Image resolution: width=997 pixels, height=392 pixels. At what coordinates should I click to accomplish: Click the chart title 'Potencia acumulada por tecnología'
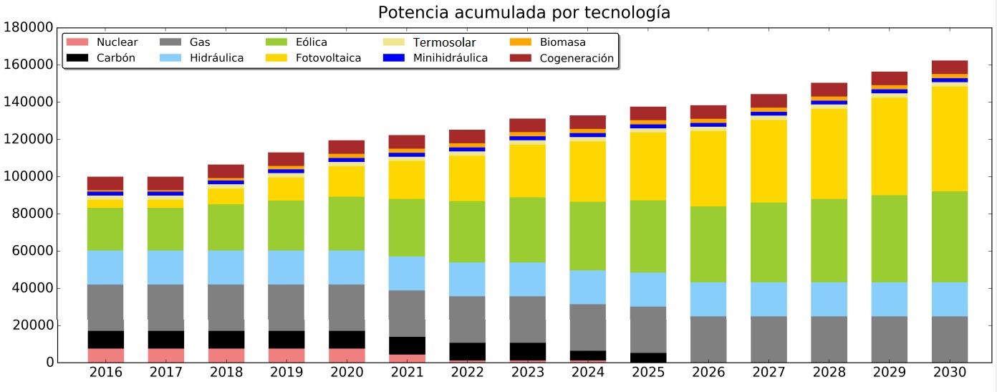click(x=524, y=13)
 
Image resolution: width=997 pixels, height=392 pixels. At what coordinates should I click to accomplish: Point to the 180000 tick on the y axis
click(x=29, y=28)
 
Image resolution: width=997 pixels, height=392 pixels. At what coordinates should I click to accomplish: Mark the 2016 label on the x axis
click(x=106, y=373)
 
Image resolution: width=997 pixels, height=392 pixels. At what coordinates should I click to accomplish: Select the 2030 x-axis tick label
click(x=949, y=373)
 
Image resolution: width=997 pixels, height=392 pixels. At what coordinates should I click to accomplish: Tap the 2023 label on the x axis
click(x=528, y=373)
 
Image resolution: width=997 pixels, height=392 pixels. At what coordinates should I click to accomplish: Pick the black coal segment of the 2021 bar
click(x=407, y=345)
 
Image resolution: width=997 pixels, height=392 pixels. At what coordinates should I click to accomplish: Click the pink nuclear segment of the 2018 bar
click(x=226, y=355)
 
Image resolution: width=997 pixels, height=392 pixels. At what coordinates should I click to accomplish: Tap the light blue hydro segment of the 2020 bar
click(x=347, y=267)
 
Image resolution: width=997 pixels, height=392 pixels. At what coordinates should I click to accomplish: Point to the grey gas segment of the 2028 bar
click(x=829, y=339)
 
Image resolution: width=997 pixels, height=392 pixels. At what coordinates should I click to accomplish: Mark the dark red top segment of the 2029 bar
click(x=889, y=78)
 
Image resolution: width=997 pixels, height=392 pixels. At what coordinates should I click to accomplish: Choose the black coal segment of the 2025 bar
click(x=648, y=358)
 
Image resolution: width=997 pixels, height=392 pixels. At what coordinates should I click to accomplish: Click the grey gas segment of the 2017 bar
click(x=166, y=307)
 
